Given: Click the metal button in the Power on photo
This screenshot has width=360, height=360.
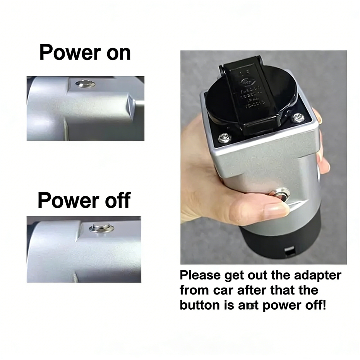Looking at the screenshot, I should [85, 84].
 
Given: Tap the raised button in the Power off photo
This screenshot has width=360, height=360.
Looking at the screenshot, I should [101, 228].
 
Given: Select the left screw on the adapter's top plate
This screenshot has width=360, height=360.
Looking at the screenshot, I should [224, 138].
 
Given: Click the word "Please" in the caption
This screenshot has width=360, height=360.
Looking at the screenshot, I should [200, 276].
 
